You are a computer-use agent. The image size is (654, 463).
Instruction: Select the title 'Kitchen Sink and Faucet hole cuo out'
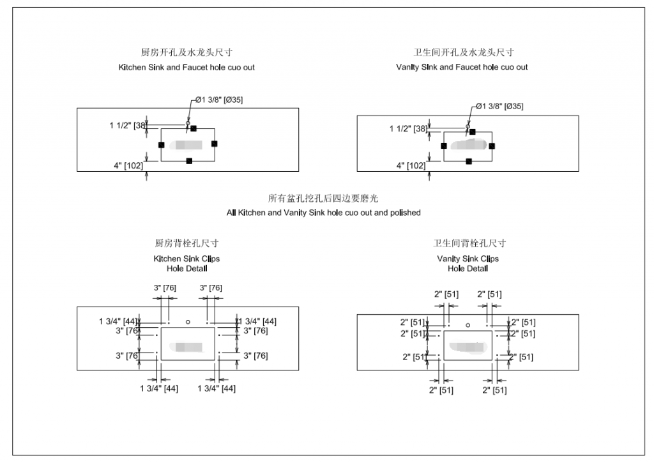[186, 67]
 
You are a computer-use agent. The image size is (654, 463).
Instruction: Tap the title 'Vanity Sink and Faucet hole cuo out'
[462, 67]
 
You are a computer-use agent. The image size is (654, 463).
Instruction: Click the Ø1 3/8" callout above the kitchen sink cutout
[219, 100]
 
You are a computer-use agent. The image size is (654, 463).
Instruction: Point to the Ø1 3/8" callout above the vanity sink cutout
[499, 107]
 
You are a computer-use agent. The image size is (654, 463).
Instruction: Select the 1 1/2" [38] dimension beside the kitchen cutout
[128, 126]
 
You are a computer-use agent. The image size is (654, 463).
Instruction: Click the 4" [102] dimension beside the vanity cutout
[411, 166]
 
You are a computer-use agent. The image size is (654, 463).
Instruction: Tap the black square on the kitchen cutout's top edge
[194, 128]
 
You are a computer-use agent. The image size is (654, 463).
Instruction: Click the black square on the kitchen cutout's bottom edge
[188, 161]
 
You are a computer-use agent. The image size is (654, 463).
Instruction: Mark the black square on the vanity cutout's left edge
[444, 146]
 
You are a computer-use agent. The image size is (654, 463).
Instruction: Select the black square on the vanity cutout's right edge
[492, 146]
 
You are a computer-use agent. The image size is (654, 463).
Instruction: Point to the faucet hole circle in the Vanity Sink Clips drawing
[468, 325]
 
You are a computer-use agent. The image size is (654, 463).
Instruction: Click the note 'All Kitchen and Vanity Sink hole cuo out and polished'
[323, 213]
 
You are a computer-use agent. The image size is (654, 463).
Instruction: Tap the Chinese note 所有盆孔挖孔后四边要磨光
[323, 199]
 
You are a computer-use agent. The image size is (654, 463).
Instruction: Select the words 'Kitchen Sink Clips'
[186, 259]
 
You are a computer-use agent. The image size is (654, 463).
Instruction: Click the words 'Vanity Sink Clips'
[468, 259]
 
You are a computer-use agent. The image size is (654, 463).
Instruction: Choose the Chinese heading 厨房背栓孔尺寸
[186, 243]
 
